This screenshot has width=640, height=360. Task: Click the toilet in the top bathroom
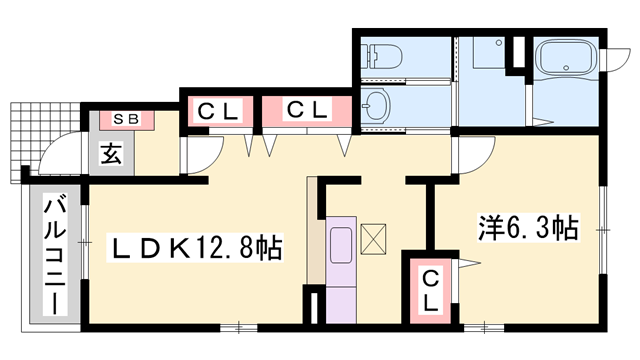point(383,54)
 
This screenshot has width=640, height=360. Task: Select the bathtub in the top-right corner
point(566,63)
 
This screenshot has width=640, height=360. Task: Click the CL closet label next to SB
point(217,110)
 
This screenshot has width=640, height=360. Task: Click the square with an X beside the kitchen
point(374,238)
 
